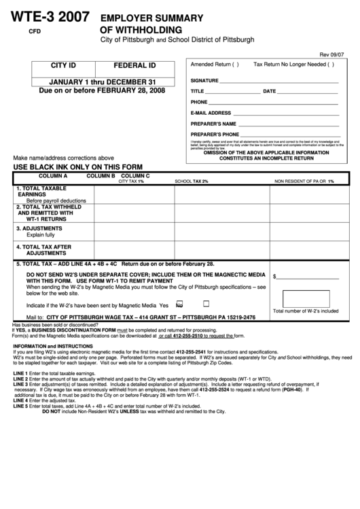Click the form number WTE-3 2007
tap(49, 18)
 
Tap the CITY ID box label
tap(63, 66)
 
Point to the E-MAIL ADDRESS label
tap(211, 113)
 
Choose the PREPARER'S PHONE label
tap(215, 135)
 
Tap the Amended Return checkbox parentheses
tap(235, 65)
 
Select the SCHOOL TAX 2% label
tap(192, 181)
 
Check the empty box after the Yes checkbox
tap(206, 304)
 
